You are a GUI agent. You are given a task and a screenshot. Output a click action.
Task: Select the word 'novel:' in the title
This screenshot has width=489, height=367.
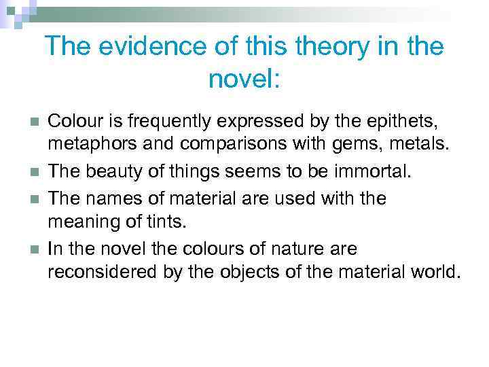(244, 80)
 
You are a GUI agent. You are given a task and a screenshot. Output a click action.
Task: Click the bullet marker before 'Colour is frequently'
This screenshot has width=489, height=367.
(33, 123)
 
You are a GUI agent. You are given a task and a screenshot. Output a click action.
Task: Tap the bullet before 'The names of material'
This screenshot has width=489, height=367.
(33, 198)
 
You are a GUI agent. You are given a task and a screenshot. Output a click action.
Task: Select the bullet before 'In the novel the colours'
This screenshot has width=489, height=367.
(33, 249)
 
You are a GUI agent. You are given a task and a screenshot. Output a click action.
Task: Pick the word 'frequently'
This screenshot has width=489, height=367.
(153, 122)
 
